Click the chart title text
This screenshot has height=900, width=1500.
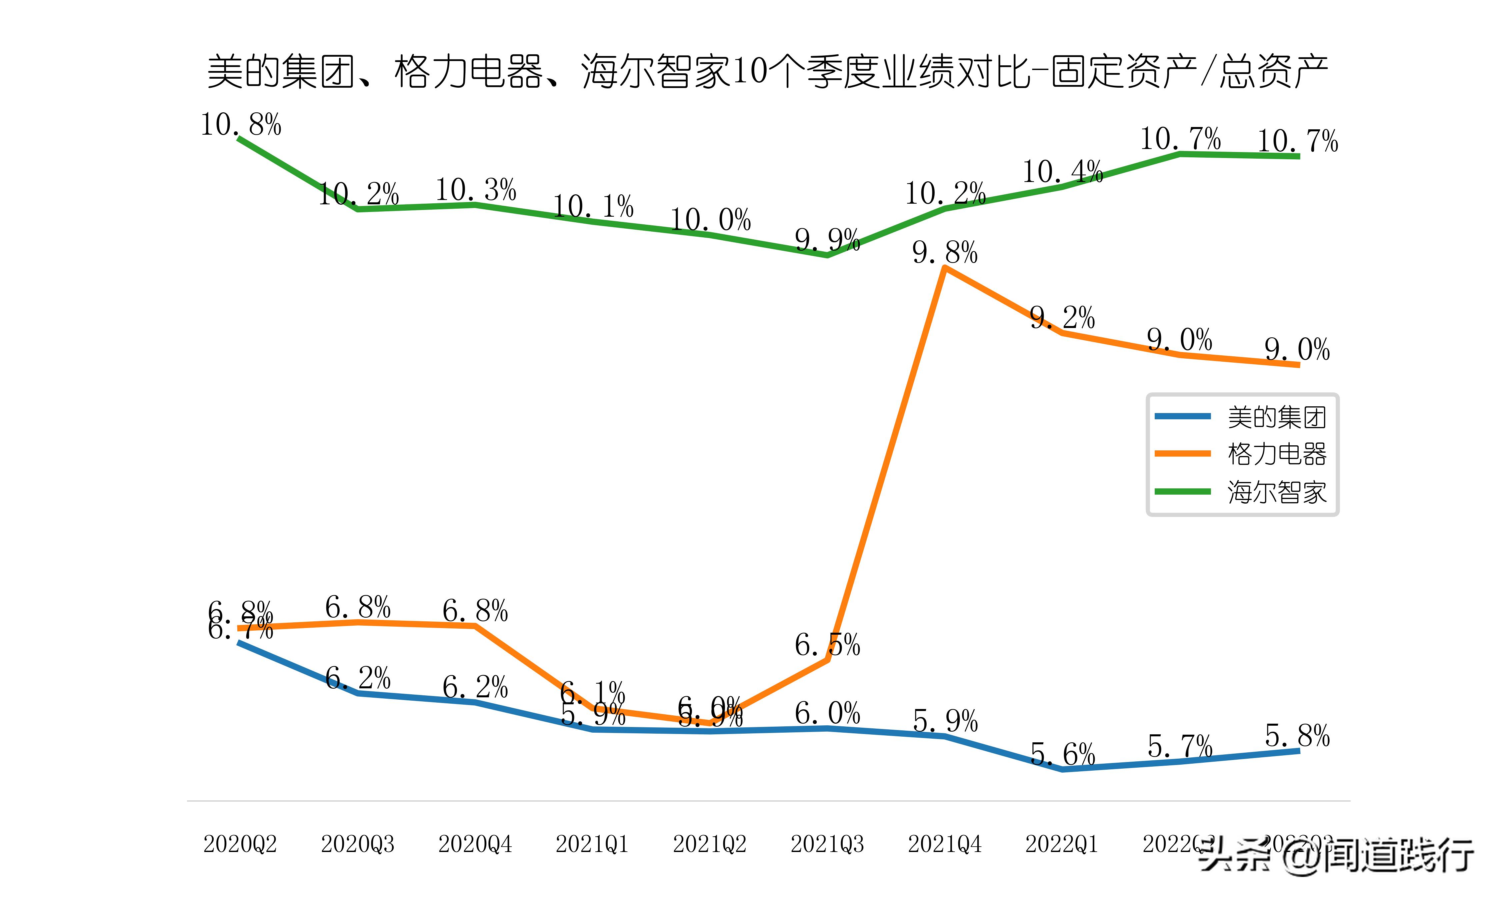767,72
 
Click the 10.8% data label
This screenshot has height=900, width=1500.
241,125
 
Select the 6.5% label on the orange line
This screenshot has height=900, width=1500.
827,645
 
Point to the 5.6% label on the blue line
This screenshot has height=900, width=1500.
1062,754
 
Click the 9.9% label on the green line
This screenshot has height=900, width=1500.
827,240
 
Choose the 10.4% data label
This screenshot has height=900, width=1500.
1062,172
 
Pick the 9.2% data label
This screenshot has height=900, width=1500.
1062,318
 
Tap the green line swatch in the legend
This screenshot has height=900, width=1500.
1182,491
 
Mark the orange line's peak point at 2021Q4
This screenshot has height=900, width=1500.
945,268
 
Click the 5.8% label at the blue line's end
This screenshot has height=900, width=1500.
1297,736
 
